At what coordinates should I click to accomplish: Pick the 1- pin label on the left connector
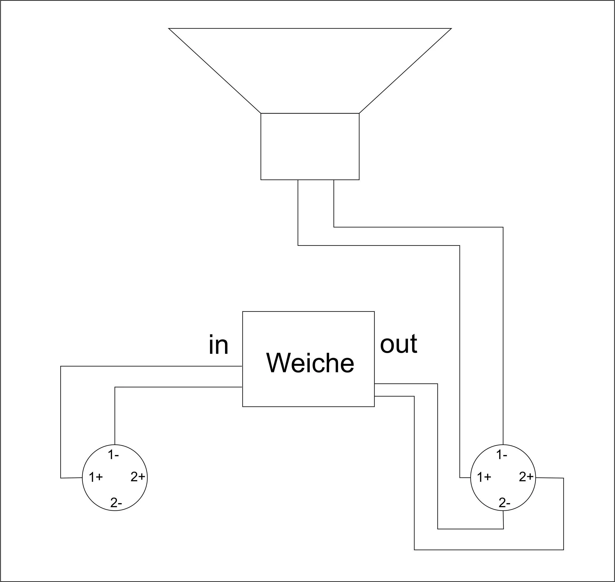click(x=113, y=455)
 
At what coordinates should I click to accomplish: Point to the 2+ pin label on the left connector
click(x=137, y=477)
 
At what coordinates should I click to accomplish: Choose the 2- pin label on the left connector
click(x=116, y=503)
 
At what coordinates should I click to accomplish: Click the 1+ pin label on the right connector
click(x=484, y=478)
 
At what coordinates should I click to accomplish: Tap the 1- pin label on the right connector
click(x=502, y=455)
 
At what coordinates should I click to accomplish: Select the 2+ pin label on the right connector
click(x=526, y=477)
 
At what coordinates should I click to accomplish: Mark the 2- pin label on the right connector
click(x=504, y=503)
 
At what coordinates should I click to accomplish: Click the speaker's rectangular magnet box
click(x=310, y=146)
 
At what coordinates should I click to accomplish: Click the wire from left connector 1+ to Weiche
click(x=61, y=419)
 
